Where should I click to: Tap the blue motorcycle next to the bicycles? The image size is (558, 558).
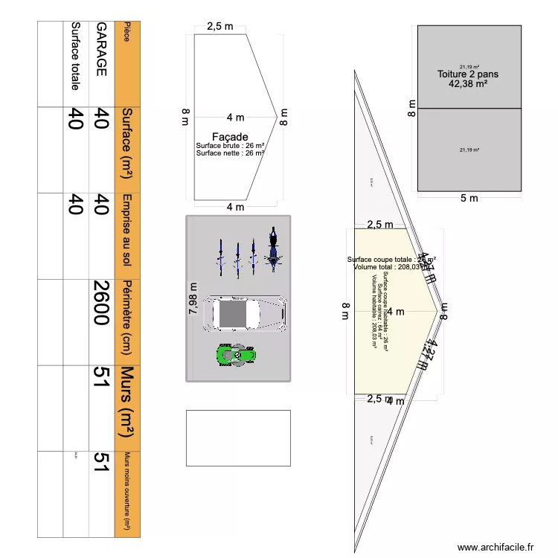pyautogui.click(x=273, y=248)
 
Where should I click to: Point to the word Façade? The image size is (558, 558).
pyautogui.click(x=230, y=137)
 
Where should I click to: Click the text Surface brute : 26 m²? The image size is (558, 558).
pyautogui.click(x=230, y=146)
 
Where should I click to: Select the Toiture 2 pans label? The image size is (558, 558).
pyautogui.click(x=468, y=74)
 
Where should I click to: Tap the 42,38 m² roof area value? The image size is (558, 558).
pyautogui.click(x=468, y=84)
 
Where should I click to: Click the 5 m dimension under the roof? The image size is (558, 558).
pyautogui.click(x=469, y=198)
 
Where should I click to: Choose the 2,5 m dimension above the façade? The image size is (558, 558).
pyautogui.click(x=219, y=27)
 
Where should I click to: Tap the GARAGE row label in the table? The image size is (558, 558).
pyautogui.click(x=101, y=49)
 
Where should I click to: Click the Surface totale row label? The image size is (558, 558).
pyautogui.click(x=75, y=55)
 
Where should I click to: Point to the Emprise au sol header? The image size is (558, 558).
pyautogui.click(x=127, y=231)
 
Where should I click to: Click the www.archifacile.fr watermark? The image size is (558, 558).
pyautogui.click(x=496, y=547)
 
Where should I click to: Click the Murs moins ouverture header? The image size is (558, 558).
pyautogui.click(x=127, y=491)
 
